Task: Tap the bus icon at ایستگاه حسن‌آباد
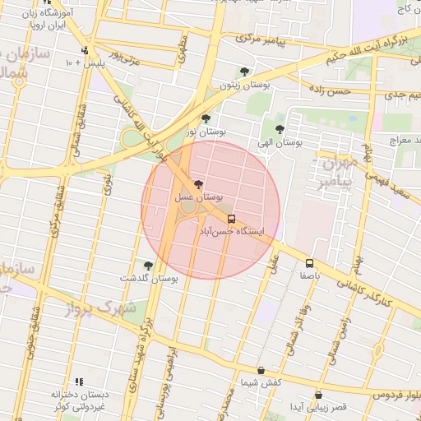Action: coord(231,220)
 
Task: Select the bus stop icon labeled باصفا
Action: coord(309,263)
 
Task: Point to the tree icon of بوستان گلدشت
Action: coord(148,266)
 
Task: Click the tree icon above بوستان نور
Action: coord(206,118)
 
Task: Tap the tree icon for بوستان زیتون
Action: coord(243,72)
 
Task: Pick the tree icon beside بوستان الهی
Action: coord(280,128)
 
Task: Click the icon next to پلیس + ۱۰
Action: coord(85,51)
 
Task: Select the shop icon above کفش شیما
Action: coord(261,371)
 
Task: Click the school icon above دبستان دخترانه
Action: coord(79,382)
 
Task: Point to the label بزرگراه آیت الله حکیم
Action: coord(361,44)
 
